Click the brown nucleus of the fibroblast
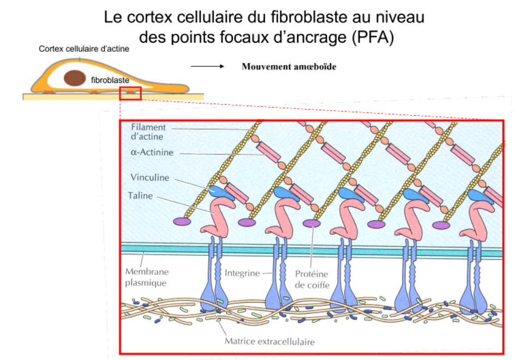point(74,78)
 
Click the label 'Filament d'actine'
point(148,132)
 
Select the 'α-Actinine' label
point(152,153)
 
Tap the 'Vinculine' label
point(150,178)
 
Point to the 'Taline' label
point(140,195)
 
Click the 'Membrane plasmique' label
point(147,277)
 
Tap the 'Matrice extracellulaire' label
point(270,342)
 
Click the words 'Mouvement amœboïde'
point(288,67)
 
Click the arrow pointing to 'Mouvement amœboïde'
point(207,67)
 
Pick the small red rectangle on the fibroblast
point(130,93)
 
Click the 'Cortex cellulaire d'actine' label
point(84,49)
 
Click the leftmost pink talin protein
point(217,215)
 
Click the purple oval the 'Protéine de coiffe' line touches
point(311,223)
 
